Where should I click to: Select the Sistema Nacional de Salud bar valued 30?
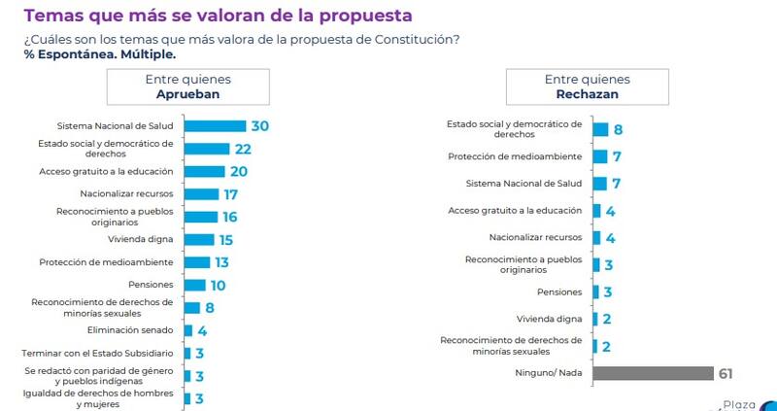tap(215, 126)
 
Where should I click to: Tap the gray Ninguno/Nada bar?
tap(653, 373)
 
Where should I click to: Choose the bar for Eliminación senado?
tap(188, 330)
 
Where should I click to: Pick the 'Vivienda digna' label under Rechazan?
tap(551, 318)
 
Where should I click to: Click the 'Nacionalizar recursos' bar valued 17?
tap(201, 194)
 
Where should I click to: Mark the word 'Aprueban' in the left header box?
tap(187, 95)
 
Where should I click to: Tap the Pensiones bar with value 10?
tap(194, 285)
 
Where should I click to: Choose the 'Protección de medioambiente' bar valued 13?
tap(197, 262)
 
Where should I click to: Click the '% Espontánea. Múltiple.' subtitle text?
tap(92, 54)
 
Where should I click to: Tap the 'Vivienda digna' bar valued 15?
tap(199, 239)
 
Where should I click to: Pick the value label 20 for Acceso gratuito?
tap(238, 171)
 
